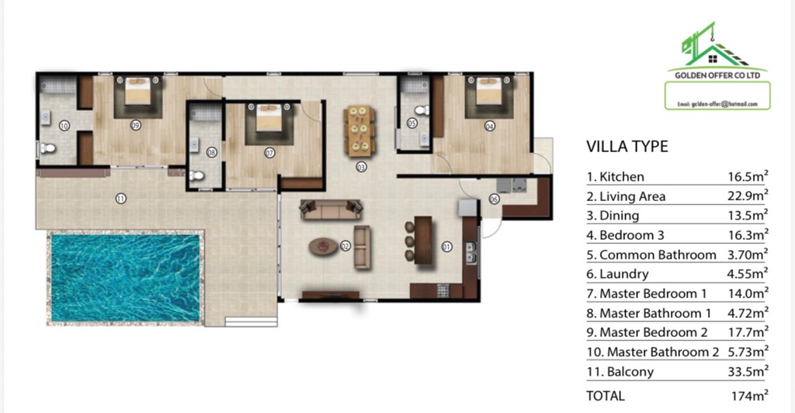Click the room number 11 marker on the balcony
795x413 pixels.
click(x=120, y=199)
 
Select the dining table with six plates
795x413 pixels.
click(x=360, y=129)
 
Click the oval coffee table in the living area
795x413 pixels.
click(x=324, y=247)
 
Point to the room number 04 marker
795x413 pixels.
click(x=490, y=126)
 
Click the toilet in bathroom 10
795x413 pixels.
click(x=47, y=148)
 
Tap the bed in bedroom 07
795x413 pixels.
click(x=269, y=117)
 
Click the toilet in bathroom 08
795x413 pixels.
click(x=196, y=176)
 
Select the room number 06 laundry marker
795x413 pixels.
click(x=494, y=200)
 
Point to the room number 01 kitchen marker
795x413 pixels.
click(x=446, y=247)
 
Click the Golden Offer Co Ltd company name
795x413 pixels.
click(x=717, y=75)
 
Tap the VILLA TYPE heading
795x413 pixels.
click(x=627, y=147)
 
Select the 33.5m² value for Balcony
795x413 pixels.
click(x=748, y=371)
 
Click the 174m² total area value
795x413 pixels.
click(x=749, y=395)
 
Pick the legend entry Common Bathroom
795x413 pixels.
click(x=651, y=255)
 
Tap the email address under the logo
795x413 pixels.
click(x=717, y=104)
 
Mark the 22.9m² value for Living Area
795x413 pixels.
click(x=748, y=196)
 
